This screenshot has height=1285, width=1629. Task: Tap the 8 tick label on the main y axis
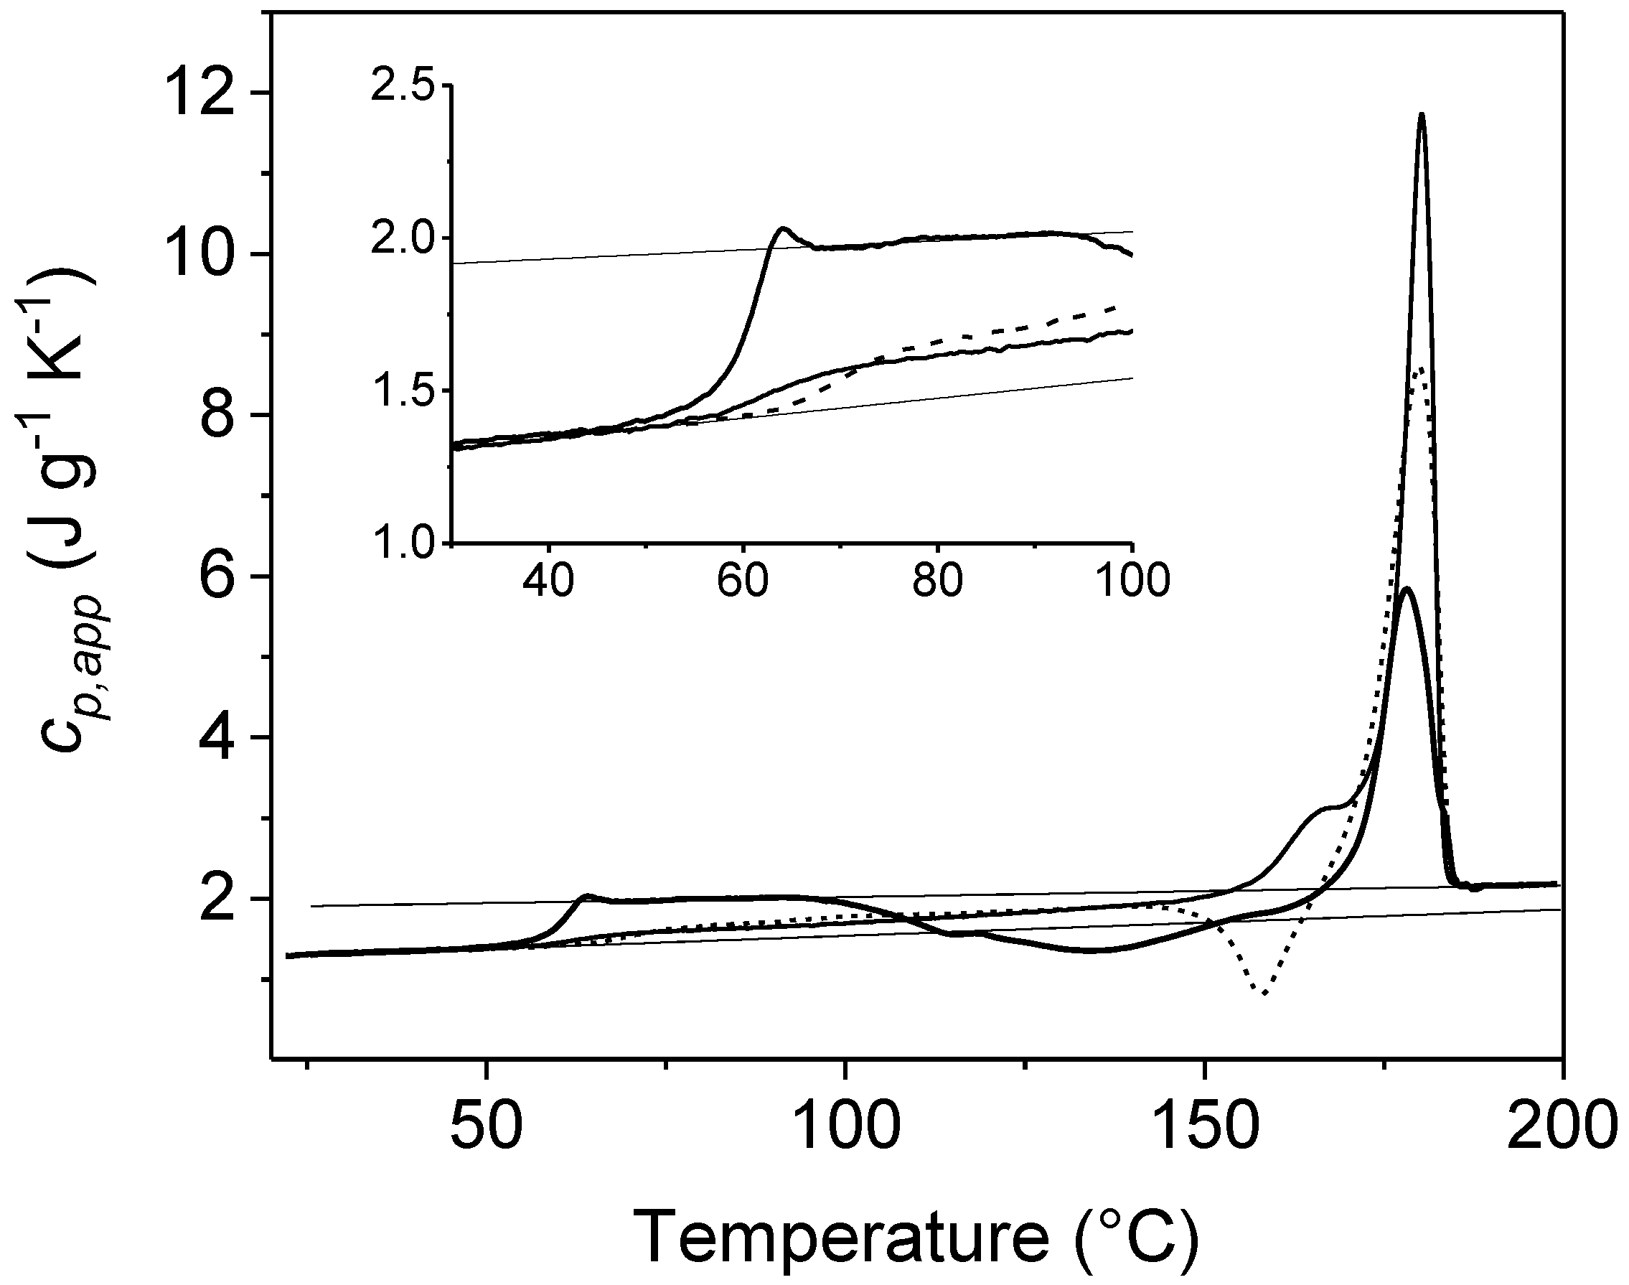[221, 416]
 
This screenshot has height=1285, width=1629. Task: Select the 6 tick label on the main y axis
[221, 577]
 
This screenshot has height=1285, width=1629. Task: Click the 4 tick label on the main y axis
[221, 738]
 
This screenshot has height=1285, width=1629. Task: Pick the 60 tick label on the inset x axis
[743, 581]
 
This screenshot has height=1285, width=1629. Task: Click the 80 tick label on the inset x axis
[937, 581]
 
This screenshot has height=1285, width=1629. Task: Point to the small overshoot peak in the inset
[782, 228]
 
